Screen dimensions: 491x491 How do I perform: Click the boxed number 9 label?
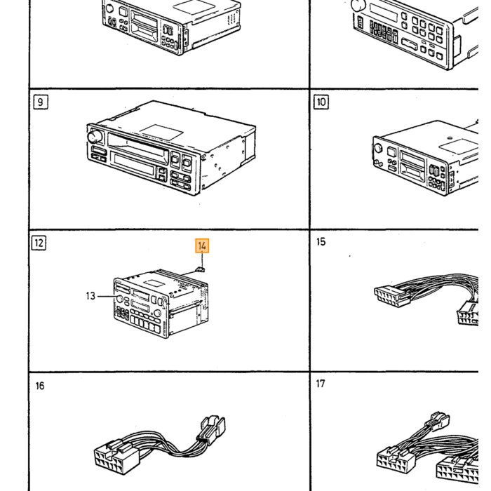[x=41, y=102]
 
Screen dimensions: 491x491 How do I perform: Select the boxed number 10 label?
[x=321, y=102]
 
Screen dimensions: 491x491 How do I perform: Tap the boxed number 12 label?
[x=39, y=243]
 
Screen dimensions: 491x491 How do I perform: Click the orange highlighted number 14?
[x=202, y=245]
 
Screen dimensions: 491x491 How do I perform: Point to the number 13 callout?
[x=90, y=296]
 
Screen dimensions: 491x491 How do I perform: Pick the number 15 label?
[x=321, y=242]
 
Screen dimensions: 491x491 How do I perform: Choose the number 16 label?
[x=40, y=386]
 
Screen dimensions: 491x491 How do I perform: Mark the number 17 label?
[x=321, y=384]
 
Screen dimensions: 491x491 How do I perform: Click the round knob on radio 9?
[x=95, y=137]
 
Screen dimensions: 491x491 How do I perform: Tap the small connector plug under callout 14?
[x=200, y=269]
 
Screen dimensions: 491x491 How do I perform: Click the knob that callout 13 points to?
[x=119, y=299]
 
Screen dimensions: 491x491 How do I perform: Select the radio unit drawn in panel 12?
[x=161, y=303]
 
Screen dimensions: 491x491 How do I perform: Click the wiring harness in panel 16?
[x=160, y=445]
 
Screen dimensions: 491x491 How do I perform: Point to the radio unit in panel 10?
[x=425, y=158]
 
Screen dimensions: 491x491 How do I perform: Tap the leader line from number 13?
[x=106, y=296]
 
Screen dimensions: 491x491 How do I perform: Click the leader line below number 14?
[x=202, y=260]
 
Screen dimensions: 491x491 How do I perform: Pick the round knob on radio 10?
[x=378, y=149]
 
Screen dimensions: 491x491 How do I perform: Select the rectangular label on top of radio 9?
[x=161, y=132]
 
